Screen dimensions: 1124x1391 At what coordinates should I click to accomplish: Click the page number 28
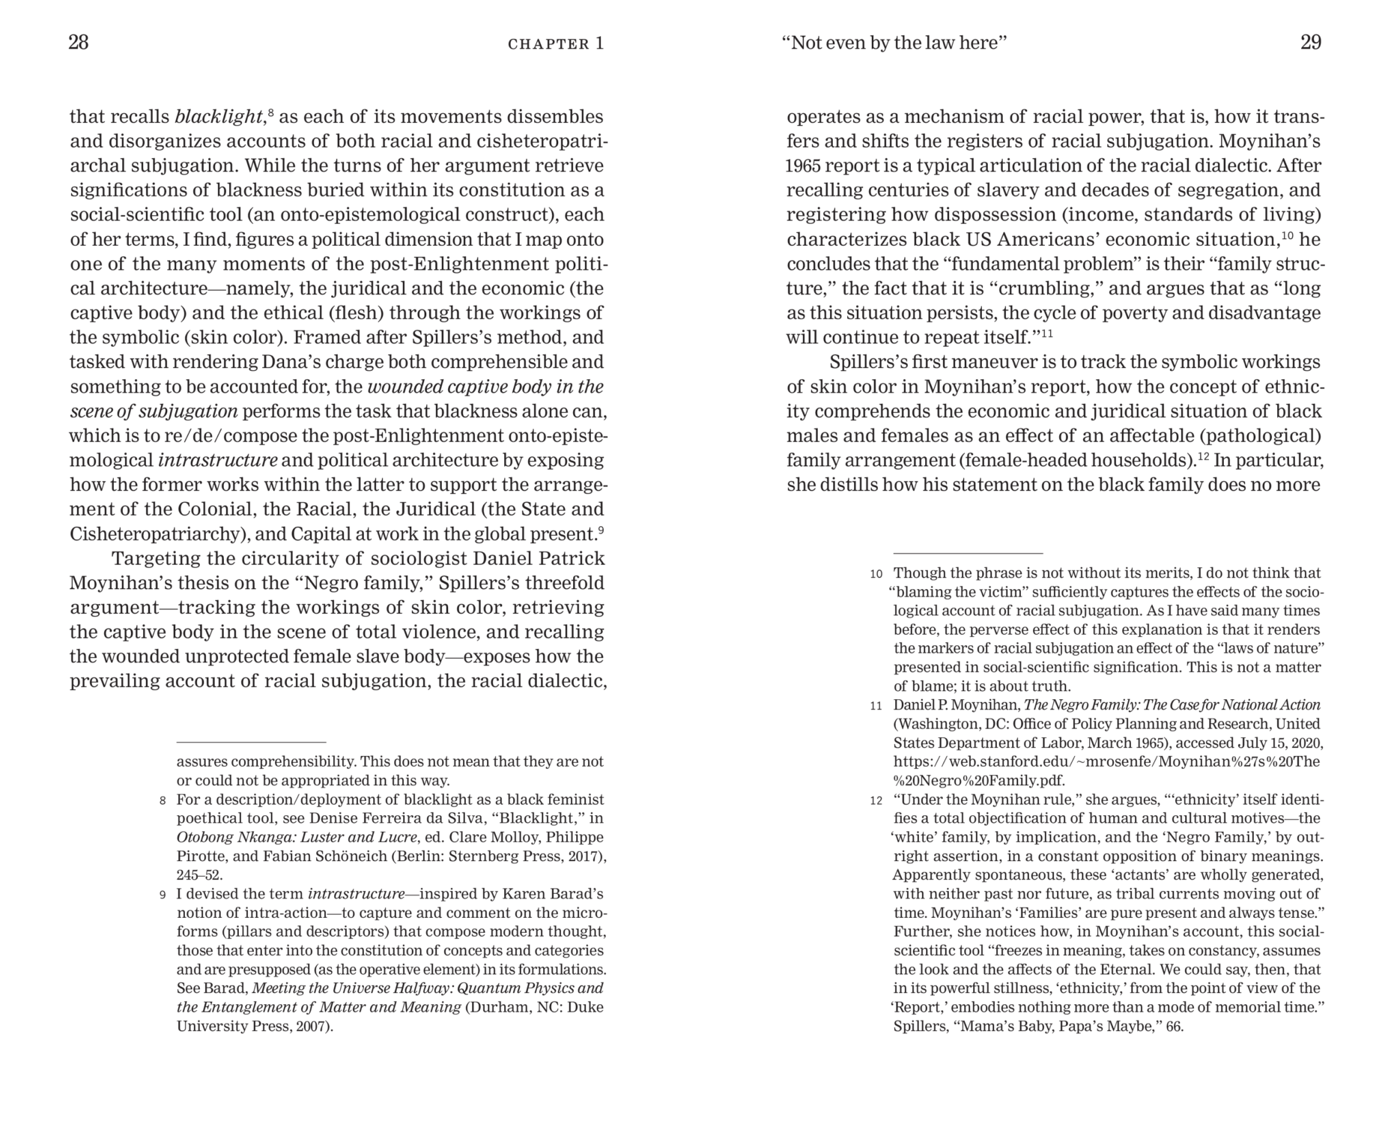(x=79, y=43)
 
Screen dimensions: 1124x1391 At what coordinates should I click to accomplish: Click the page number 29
(x=1310, y=43)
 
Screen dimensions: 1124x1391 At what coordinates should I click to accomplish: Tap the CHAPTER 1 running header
(x=555, y=43)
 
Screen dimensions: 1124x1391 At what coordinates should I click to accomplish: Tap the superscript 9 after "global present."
(x=601, y=530)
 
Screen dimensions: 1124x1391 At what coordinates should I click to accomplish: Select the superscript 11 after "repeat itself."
(x=1047, y=333)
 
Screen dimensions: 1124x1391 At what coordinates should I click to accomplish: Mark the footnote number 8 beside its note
(x=163, y=800)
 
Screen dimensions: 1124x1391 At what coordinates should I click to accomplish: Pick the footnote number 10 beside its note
(x=876, y=574)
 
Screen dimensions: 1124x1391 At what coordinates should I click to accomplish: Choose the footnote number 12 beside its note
(x=876, y=800)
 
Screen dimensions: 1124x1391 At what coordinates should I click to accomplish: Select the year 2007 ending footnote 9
(x=312, y=1026)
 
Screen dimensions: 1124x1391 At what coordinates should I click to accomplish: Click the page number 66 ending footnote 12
(x=1174, y=1026)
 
